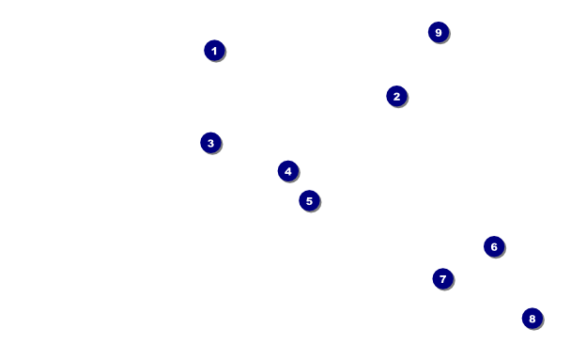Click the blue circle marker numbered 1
click(x=214, y=51)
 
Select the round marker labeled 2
click(x=396, y=97)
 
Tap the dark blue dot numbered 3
click(x=211, y=143)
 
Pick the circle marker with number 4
click(x=288, y=171)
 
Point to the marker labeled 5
click(x=309, y=201)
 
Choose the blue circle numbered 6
click(x=494, y=246)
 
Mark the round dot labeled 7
click(x=443, y=279)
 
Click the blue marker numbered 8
click(x=532, y=319)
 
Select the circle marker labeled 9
click(x=439, y=33)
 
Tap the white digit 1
click(x=214, y=51)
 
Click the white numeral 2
click(x=396, y=97)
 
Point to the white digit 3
click(x=211, y=143)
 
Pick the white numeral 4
click(x=288, y=171)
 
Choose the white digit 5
click(x=309, y=201)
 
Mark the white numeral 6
click(x=494, y=247)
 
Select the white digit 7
click(x=443, y=279)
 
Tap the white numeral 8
click(x=532, y=319)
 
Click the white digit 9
click(x=439, y=33)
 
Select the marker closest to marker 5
click(x=288, y=171)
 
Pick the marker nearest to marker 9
click(x=396, y=97)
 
